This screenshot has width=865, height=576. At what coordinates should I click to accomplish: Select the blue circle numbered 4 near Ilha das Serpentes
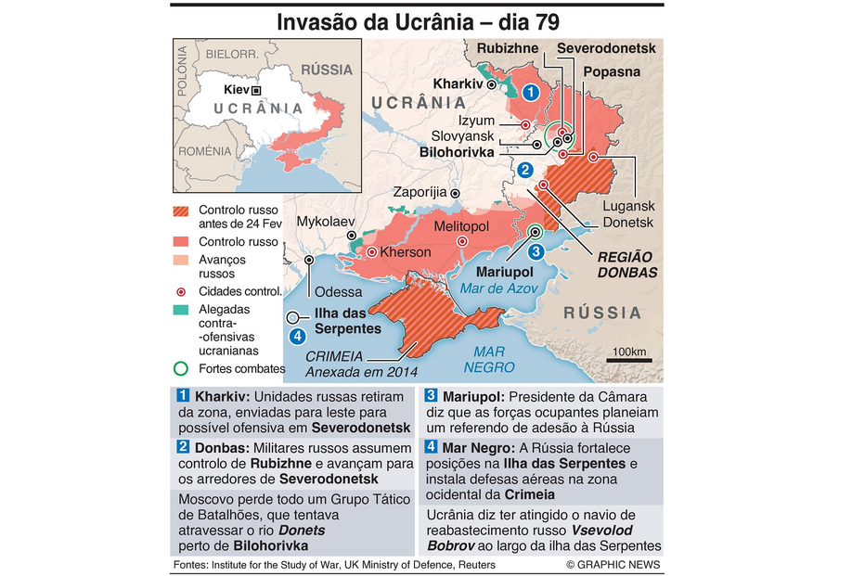pos(297,336)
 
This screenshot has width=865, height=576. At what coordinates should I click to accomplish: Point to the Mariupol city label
pos(505,272)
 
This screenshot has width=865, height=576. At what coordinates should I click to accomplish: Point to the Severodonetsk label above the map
pos(606,48)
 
